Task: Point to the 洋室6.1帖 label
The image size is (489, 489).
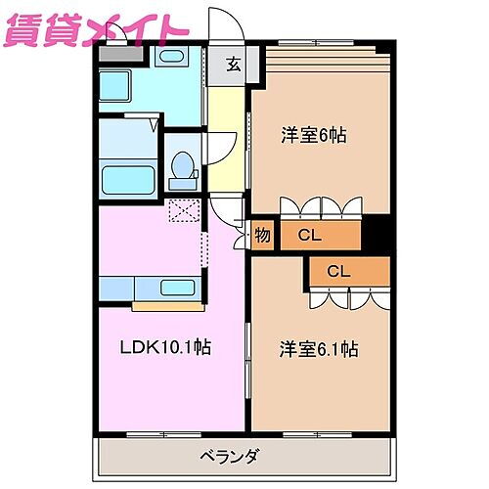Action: pos(318,348)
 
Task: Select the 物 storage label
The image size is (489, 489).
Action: pos(262,235)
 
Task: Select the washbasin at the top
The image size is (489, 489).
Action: pos(176,57)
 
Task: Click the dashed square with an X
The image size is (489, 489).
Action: pos(182,209)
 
